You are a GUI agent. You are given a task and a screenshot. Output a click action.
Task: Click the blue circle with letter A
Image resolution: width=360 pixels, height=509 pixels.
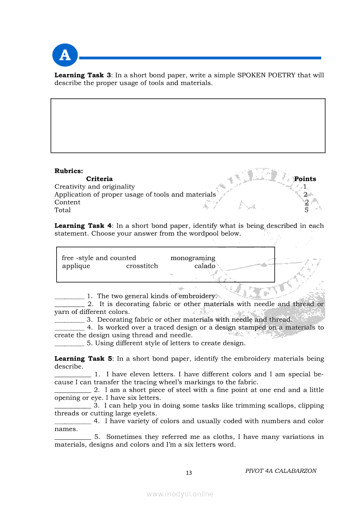click(x=65, y=56)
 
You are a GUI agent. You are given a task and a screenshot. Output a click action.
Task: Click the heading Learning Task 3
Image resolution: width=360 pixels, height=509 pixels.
click(x=83, y=75)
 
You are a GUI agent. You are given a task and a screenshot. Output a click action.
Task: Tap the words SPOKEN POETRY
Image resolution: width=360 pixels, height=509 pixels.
click(x=266, y=75)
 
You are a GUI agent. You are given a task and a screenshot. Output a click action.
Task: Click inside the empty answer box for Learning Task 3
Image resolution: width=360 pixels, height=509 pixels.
click(x=188, y=125)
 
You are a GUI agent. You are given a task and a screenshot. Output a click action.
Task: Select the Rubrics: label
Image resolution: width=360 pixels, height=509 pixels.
click(x=68, y=171)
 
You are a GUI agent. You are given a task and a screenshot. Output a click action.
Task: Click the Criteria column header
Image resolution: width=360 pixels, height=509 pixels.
click(x=99, y=179)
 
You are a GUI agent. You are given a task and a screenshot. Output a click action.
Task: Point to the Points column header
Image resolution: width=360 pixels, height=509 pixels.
click(x=305, y=179)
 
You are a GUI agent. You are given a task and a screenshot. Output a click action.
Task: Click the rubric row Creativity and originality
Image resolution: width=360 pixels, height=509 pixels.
click(x=95, y=187)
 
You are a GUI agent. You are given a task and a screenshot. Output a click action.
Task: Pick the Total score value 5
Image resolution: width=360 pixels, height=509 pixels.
click(x=306, y=210)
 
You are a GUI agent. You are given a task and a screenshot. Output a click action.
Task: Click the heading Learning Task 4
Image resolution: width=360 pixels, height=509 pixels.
click(x=83, y=226)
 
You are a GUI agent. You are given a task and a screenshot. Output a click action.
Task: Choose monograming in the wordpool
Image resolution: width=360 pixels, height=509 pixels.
click(x=193, y=258)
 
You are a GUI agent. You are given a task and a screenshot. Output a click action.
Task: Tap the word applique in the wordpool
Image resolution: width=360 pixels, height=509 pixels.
click(x=76, y=266)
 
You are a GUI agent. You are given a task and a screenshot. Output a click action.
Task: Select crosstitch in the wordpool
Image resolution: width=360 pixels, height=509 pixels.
click(x=142, y=266)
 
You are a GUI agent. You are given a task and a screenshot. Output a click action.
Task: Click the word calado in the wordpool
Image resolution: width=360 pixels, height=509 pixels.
click(x=205, y=266)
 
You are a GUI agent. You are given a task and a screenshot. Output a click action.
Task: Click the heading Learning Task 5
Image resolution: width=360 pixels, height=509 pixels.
click(x=83, y=359)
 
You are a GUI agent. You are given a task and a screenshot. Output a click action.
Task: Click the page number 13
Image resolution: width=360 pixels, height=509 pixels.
click(x=189, y=473)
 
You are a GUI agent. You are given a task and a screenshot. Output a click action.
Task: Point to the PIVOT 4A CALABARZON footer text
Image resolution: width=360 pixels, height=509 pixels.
click(x=281, y=471)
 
